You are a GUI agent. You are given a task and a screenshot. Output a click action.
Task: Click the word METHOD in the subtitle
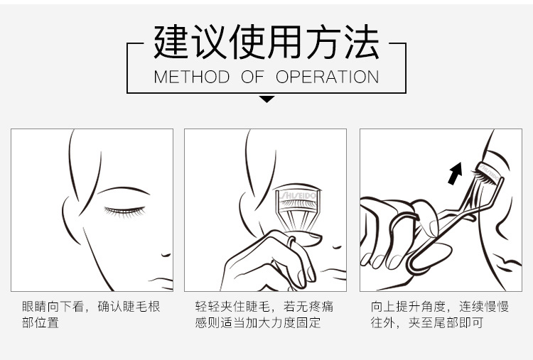tap(192, 77)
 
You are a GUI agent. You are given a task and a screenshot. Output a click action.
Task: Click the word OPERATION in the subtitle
tap(328, 77)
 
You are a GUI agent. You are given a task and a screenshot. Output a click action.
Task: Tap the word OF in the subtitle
tap(252, 77)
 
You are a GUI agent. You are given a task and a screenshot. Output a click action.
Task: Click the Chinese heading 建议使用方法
tap(266, 42)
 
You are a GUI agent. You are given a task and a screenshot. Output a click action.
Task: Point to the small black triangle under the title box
tap(266, 99)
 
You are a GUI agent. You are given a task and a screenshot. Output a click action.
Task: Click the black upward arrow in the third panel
tap(455, 173)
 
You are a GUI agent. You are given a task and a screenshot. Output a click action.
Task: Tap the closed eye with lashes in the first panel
tap(124, 212)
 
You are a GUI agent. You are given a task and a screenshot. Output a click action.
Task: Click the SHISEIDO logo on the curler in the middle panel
tap(298, 196)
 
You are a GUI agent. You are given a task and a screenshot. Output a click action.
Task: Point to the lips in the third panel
tap(510, 264)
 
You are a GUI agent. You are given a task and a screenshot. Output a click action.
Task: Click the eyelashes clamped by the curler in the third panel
tap(484, 177)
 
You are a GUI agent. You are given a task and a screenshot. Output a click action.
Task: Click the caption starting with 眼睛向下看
tap(91, 315)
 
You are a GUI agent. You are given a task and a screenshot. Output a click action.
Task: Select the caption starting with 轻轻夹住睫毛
tap(264, 315)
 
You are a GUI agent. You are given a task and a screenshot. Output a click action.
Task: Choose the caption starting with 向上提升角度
tap(439, 315)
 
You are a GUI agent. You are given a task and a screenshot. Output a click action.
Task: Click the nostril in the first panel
tap(166, 255)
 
